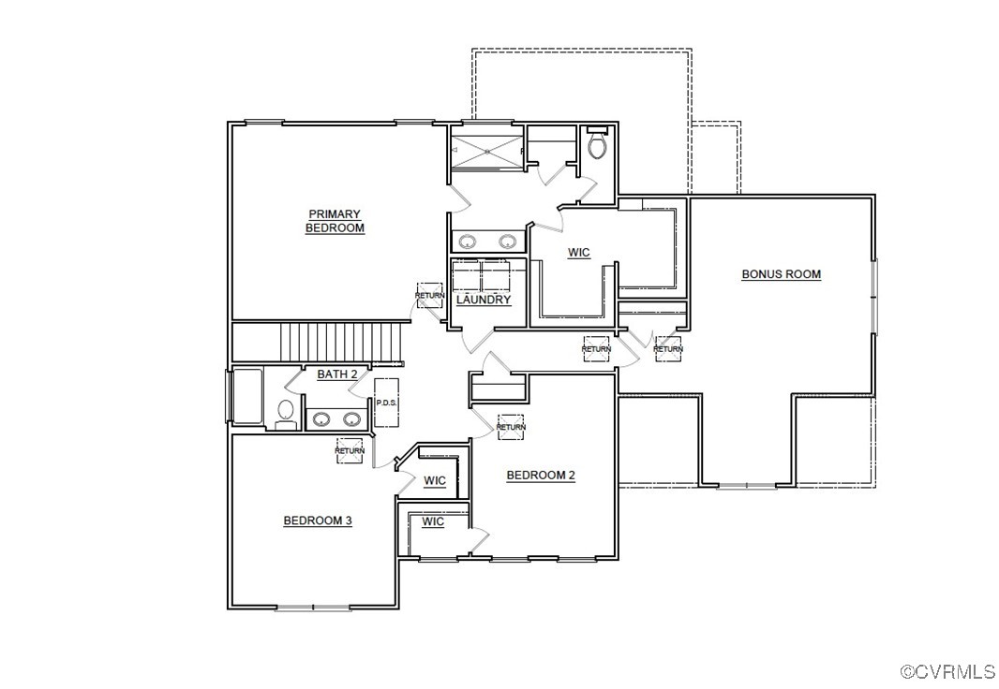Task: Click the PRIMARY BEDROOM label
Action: coord(335,221)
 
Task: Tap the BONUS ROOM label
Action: coord(781,274)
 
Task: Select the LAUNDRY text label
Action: coord(484,300)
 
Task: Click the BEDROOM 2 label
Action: coord(541,475)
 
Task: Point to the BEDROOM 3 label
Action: coord(318,520)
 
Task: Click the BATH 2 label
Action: coord(336,374)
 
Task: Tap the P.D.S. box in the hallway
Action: coord(386,403)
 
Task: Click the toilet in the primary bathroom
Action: coord(597,146)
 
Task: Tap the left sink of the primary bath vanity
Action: coord(468,242)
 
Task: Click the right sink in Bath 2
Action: coord(351,419)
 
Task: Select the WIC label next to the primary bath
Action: coord(579,253)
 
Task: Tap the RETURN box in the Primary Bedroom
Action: coord(430,295)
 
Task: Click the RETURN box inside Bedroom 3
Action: coord(350,450)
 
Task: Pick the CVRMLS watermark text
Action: coord(947,671)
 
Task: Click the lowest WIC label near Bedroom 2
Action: coord(432,521)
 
